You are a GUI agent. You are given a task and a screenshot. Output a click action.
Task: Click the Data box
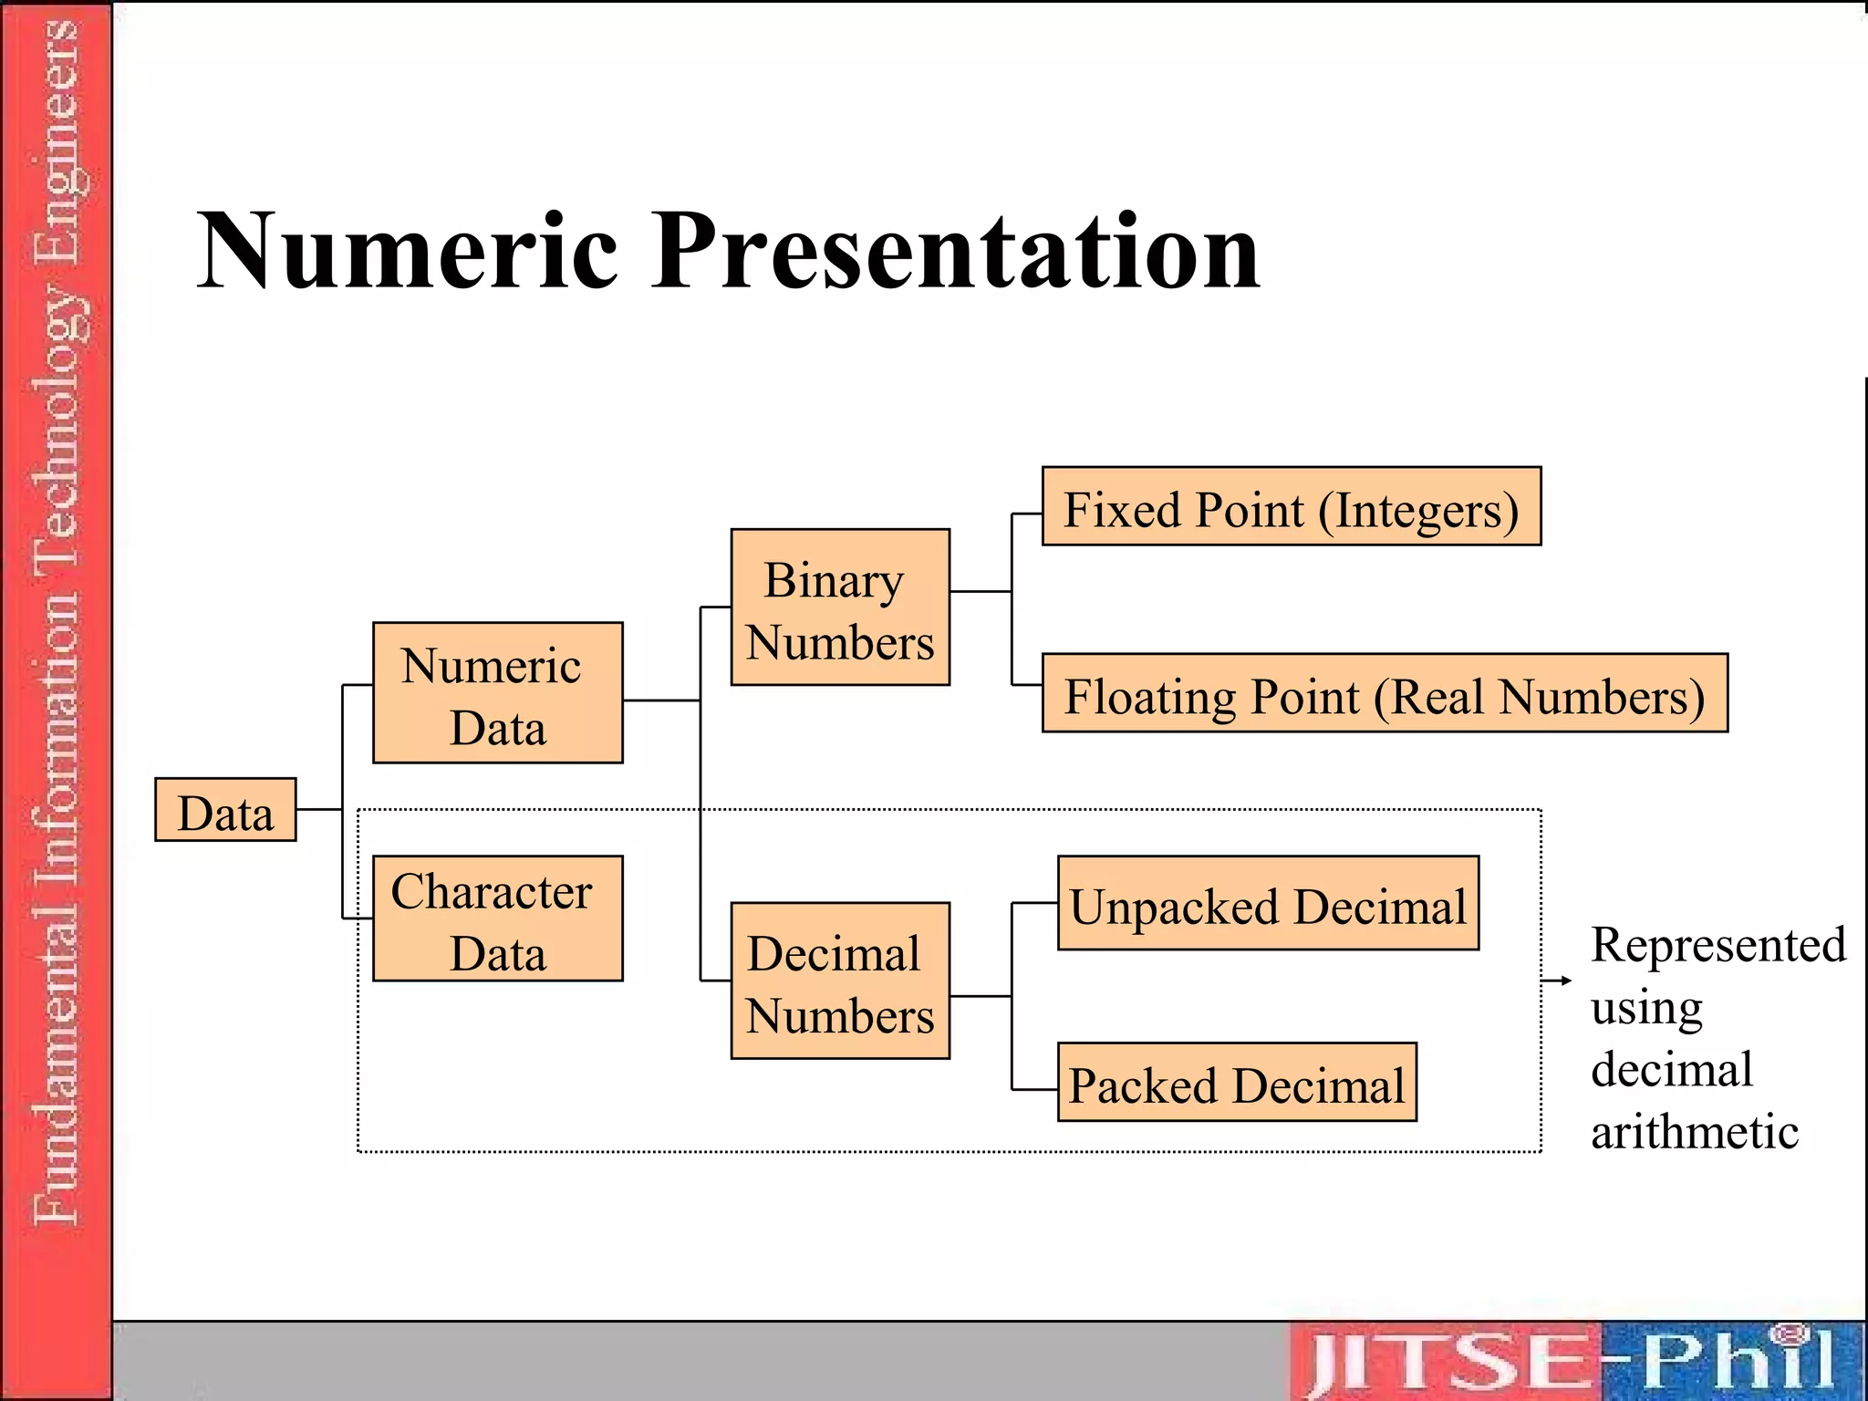tap(225, 810)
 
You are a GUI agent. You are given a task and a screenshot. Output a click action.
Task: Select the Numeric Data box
tap(498, 693)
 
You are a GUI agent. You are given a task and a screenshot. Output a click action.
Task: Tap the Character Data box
tap(498, 918)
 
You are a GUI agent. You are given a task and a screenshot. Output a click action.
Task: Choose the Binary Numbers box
tap(840, 607)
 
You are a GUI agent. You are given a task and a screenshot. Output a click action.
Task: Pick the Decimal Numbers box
tap(840, 981)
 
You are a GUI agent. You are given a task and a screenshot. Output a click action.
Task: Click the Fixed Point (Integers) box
tap(1292, 507)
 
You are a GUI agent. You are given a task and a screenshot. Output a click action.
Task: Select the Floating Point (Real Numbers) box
tap(1385, 693)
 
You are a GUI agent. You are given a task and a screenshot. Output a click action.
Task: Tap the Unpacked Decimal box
tap(1268, 904)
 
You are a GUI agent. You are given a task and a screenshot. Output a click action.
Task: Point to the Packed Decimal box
tap(1237, 1083)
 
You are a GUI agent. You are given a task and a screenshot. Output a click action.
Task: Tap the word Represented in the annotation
tap(1718, 945)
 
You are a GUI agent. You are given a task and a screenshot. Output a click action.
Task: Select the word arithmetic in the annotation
tap(1695, 1132)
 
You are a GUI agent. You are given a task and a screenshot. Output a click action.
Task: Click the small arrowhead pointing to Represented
tap(1565, 981)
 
